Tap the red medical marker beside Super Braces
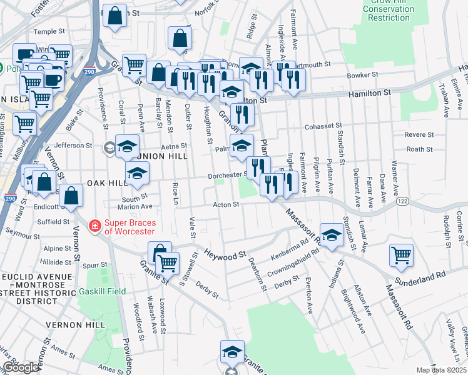94,226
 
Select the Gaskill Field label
102,291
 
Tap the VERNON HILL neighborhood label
74,325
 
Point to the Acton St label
226,204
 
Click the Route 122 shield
402,201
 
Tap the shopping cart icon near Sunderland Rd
400,254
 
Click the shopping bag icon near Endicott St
72,195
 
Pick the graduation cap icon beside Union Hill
127,147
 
